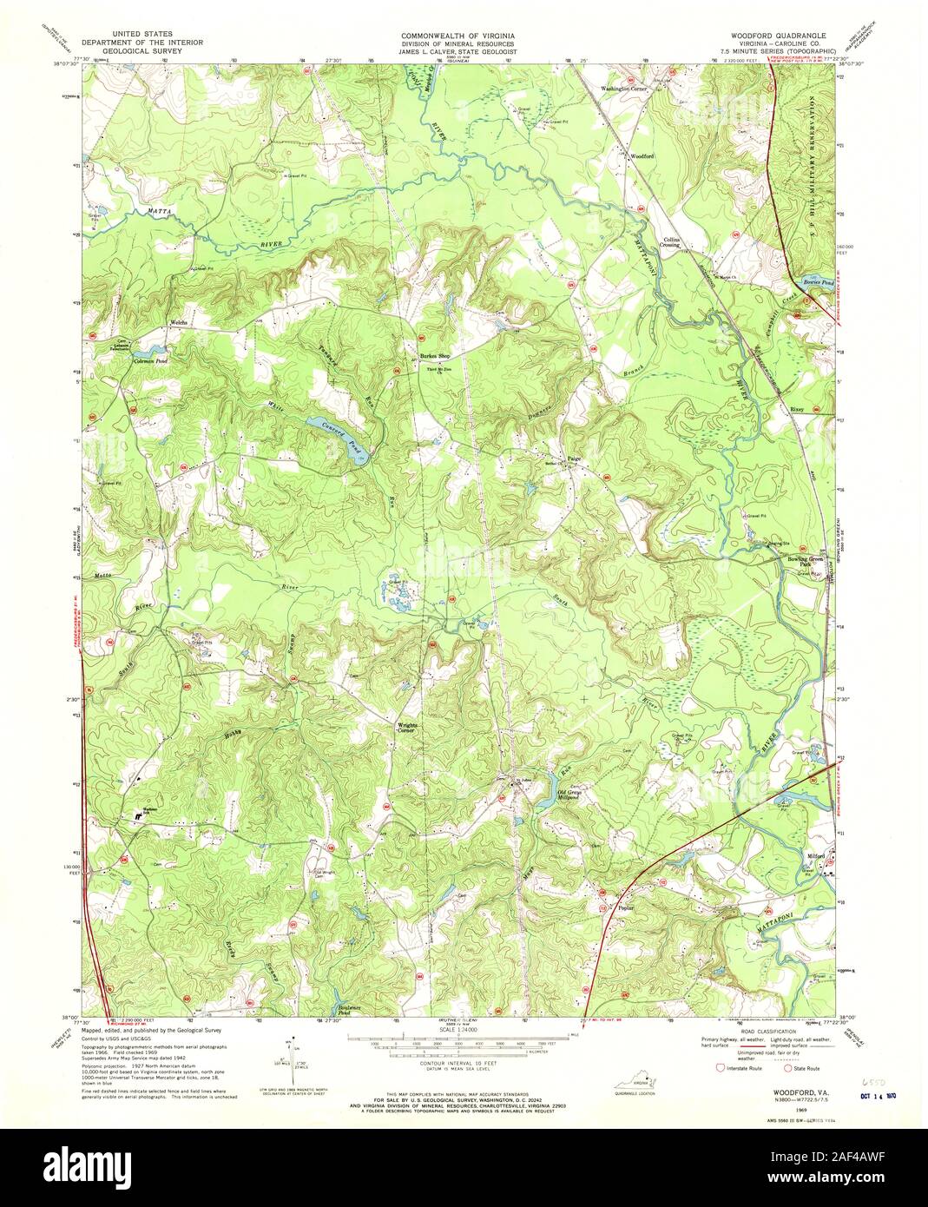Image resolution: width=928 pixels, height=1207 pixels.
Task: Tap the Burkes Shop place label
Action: coord(435,356)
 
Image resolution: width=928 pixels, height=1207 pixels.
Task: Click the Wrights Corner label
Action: coord(407,728)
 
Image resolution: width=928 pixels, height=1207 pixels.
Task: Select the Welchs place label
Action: coord(180,321)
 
